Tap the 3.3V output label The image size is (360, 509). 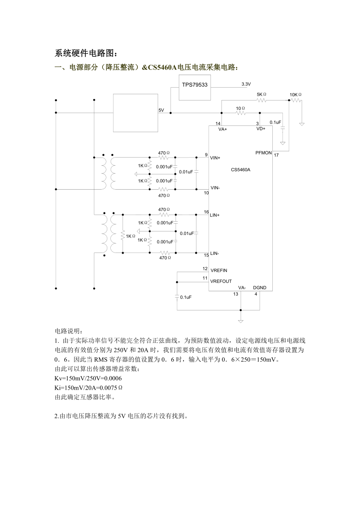(246, 84)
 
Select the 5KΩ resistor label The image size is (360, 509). (261, 95)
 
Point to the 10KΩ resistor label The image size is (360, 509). (295, 95)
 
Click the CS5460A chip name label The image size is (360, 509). (240, 170)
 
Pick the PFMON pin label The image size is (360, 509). (263, 153)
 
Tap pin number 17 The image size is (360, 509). (276, 156)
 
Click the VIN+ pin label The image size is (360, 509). (215, 158)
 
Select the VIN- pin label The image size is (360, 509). (215, 188)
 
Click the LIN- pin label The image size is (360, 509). (214, 253)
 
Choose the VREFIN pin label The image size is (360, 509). (219, 271)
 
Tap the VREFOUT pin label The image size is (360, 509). (221, 281)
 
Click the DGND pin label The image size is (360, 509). (259, 288)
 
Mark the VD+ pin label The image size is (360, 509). (261, 129)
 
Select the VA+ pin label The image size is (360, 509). (223, 129)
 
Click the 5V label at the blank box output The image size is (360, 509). (161, 110)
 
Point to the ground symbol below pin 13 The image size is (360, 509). (241, 321)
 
